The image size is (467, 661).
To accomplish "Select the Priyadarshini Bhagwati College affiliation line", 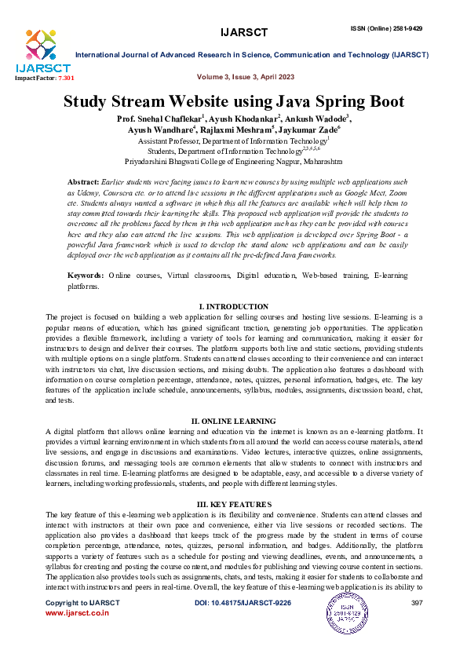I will pyautogui.click(x=234, y=161).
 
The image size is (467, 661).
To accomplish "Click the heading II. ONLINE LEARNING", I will pyautogui.click(x=234, y=421).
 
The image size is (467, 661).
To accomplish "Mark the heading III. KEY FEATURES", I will pyautogui.click(x=234, y=503).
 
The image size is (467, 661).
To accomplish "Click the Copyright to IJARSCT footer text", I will pyautogui.click(x=82, y=602).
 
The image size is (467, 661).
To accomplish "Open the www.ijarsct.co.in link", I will pyautogui.click(x=77, y=612).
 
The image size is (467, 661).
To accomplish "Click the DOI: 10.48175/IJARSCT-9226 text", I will pyautogui.click(x=243, y=602).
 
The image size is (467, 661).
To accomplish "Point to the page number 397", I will pyautogui.click(x=417, y=602).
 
